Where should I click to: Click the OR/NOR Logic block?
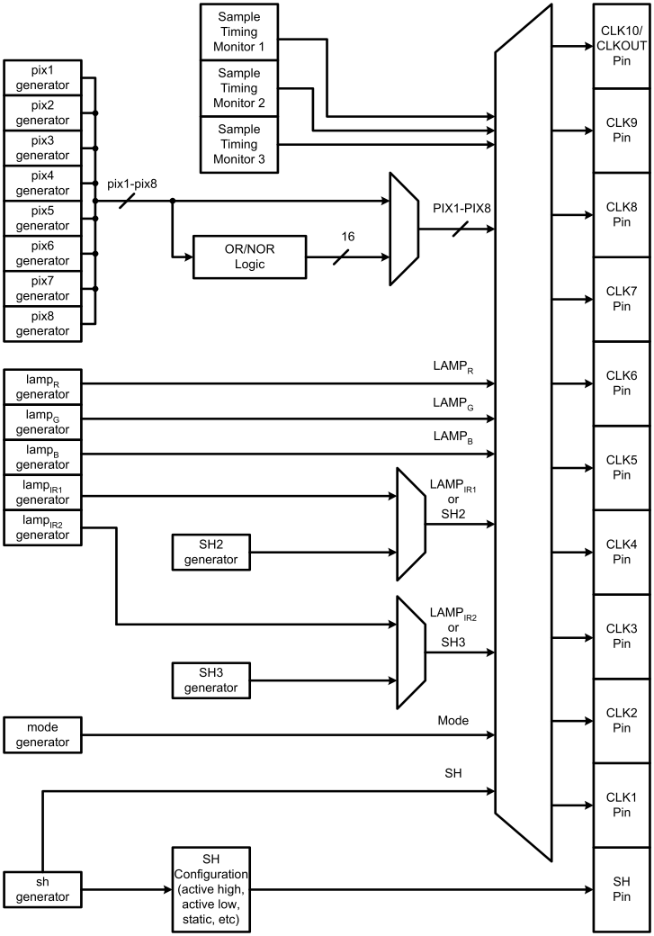[x=249, y=256]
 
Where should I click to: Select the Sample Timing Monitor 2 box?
[x=238, y=87]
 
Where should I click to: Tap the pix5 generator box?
[x=43, y=218]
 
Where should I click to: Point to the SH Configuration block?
[x=211, y=889]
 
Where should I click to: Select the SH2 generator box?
[x=211, y=552]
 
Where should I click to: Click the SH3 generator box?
[x=211, y=680]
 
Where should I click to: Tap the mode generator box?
[x=43, y=734]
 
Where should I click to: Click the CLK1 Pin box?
[x=622, y=805]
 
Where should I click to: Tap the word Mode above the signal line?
[x=453, y=720]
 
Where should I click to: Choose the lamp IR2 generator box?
[x=43, y=527]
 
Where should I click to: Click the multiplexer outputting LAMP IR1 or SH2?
[x=411, y=522]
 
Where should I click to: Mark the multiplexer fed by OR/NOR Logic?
[x=404, y=229]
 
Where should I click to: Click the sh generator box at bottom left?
[x=43, y=889]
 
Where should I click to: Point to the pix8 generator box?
[x=43, y=323]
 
